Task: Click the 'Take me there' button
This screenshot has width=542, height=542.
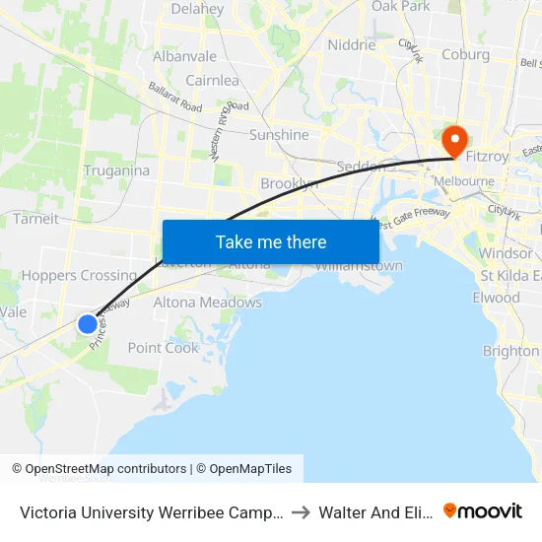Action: (x=271, y=241)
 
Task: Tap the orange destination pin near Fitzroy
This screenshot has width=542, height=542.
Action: (x=455, y=139)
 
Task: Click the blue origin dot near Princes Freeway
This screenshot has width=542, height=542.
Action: (x=88, y=323)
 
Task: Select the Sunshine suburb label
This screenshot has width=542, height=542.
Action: (x=279, y=135)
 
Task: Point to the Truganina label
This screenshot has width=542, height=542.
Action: (x=116, y=170)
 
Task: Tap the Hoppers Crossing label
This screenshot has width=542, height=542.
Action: (x=79, y=275)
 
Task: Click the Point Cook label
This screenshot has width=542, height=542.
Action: (x=164, y=348)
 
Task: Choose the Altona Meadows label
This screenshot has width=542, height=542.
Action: (x=208, y=303)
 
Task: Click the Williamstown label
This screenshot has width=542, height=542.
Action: (x=359, y=266)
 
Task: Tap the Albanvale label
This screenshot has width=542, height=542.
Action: (x=184, y=56)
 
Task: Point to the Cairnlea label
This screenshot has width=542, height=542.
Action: (x=212, y=81)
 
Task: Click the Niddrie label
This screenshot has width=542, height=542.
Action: (x=352, y=44)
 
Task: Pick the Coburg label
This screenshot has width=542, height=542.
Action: (x=465, y=54)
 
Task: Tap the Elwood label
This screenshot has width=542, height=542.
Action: (x=496, y=298)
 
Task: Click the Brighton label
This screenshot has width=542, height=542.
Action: (x=510, y=351)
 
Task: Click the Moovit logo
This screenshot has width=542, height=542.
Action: (x=483, y=510)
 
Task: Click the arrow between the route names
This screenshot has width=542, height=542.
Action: (x=302, y=511)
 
